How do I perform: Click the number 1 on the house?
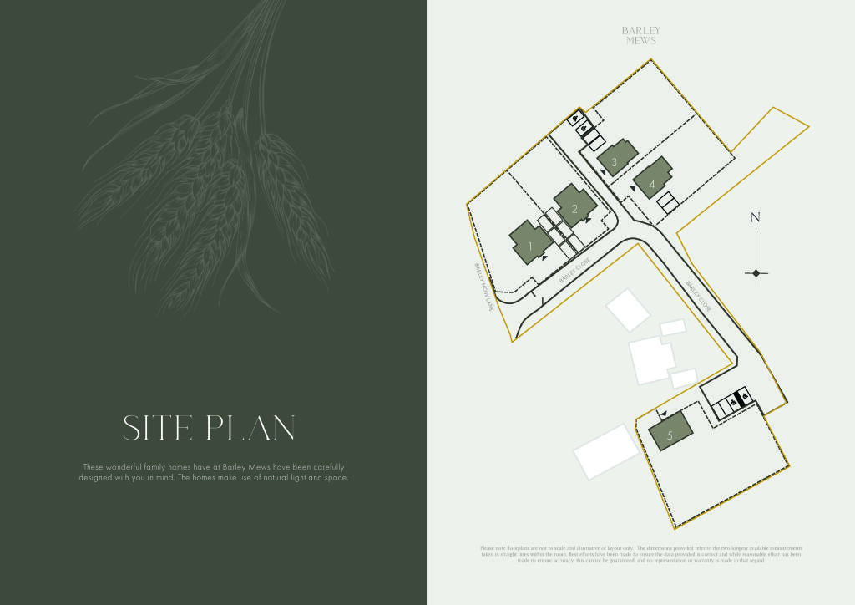pyautogui.click(x=529, y=246)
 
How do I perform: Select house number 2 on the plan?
pyautogui.click(x=574, y=209)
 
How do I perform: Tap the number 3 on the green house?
pyautogui.click(x=614, y=162)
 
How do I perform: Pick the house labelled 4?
pyautogui.click(x=651, y=183)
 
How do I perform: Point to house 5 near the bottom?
pyautogui.click(x=670, y=435)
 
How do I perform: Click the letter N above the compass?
pyautogui.click(x=756, y=218)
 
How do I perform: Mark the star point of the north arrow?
pyautogui.click(x=756, y=272)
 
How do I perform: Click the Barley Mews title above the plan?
pyautogui.click(x=640, y=35)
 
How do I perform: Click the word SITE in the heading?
pyautogui.click(x=159, y=429)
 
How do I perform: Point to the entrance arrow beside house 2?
pyautogui.click(x=589, y=221)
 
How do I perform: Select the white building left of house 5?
pyautogui.click(x=605, y=451)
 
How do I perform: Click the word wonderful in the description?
pyautogui.click(x=128, y=466)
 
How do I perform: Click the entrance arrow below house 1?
pyautogui.click(x=544, y=258)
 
